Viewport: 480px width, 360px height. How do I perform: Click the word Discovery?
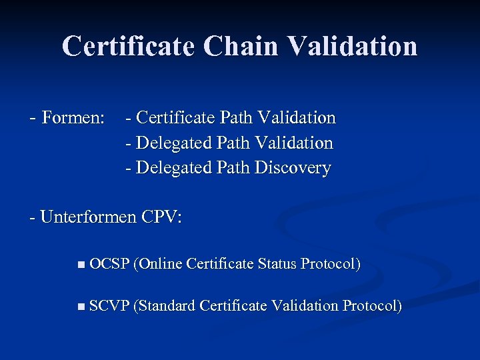(293, 167)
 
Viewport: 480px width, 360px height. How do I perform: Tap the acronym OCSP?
(109, 264)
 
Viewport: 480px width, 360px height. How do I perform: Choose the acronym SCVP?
(109, 306)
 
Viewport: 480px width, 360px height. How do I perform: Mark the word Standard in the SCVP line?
(165, 306)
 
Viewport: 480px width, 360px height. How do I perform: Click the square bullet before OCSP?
(81, 265)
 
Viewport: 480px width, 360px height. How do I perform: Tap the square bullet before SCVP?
(81, 307)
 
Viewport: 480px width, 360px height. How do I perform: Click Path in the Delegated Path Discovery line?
(234, 167)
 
